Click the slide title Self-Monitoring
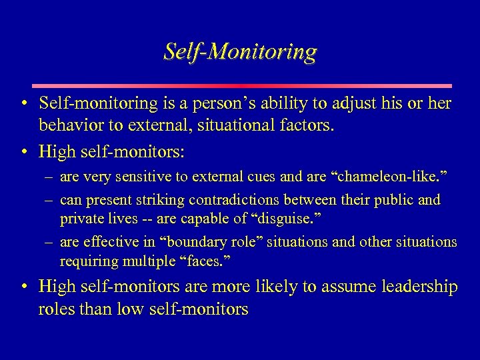pyautogui.click(x=240, y=51)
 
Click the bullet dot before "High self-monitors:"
pyautogui.click(x=23, y=152)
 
